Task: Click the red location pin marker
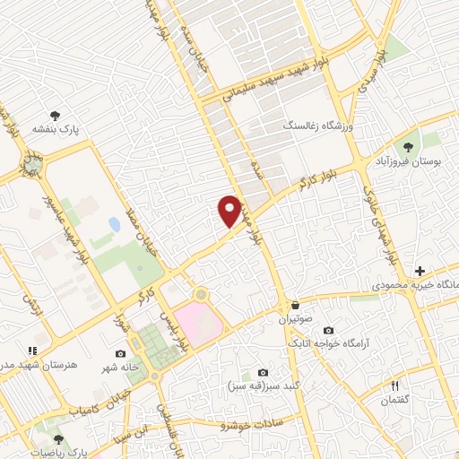tap(230, 211)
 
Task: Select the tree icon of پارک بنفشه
tap(56, 116)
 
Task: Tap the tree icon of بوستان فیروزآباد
tap(409, 145)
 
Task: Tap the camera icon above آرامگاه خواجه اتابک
tap(328, 330)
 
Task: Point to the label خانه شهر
tap(117, 367)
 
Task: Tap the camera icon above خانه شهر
tap(121, 353)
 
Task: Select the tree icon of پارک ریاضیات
tap(58, 439)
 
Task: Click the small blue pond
tap(114, 223)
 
